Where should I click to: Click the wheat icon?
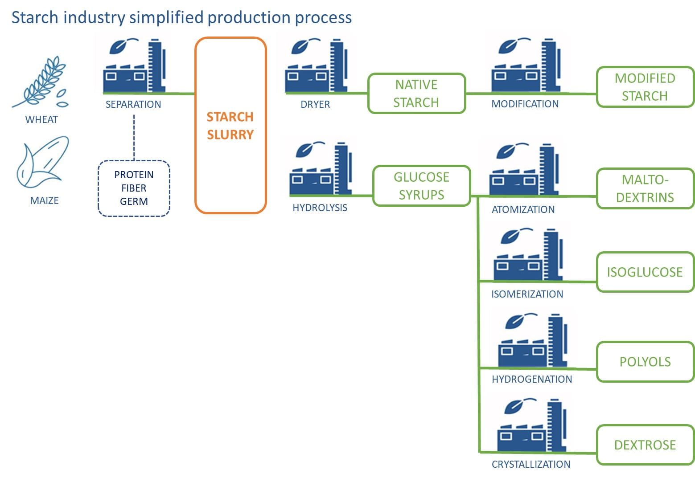pos(40,82)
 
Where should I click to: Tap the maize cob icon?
pos(42,162)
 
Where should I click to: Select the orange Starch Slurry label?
pos(230,126)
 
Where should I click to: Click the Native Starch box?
pos(417,93)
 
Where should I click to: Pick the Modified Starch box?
pos(646,87)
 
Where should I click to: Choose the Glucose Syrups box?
pos(422,186)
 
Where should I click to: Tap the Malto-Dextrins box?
pos(646,188)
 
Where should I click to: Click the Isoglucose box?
pos(646,272)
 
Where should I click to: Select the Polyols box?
pos(646,362)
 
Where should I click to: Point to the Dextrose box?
pos(646,445)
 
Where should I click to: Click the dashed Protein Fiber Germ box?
pos(134,188)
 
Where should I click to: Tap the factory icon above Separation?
pos(134,65)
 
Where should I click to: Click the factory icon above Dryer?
pos(317,65)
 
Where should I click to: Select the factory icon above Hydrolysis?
pos(321,169)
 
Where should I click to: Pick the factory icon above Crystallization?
pos(532,425)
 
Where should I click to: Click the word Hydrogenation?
pos(532,379)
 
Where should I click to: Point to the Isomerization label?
pos(527,294)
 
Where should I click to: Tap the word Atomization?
pos(523,209)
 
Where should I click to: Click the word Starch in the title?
pos(35,17)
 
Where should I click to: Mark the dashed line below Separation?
pos(134,137)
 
